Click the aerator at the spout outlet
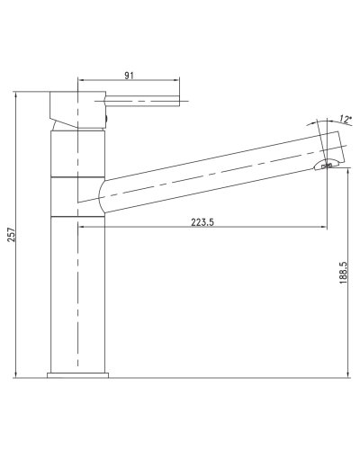(x=327, y=165)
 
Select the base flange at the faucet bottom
(x=78, y=373)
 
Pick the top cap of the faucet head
(x=78, y=93)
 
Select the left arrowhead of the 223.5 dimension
(x=82, y=228)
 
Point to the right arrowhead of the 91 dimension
(x=180, y=82)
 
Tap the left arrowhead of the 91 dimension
(x=82, y=82)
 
